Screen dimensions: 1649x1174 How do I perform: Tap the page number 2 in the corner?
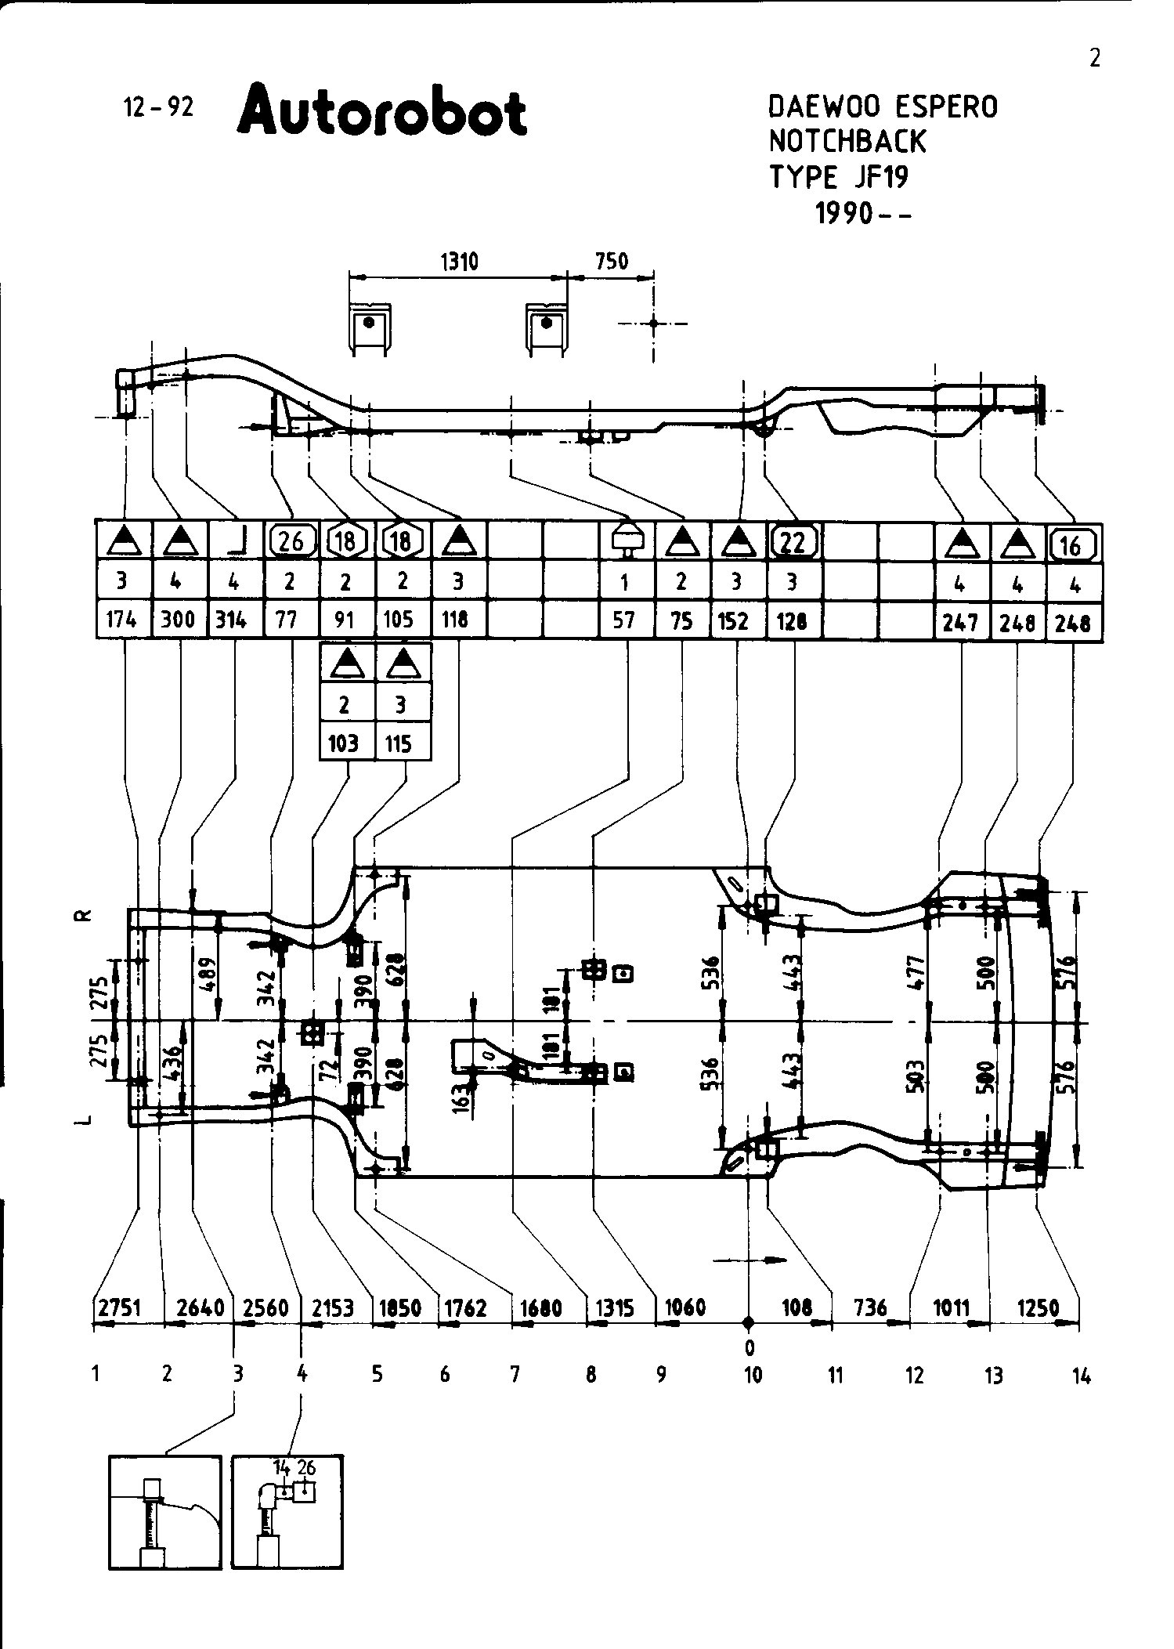point(1094,59)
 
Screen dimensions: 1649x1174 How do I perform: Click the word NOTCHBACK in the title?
point(847,142)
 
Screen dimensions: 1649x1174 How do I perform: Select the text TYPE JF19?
point(839,177)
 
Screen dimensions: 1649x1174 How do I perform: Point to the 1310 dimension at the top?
point(459,261)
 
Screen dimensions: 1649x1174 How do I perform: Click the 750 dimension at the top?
point(612,261)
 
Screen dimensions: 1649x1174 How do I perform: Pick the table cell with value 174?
point(122,620)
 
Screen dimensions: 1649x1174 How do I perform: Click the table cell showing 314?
point(232,620)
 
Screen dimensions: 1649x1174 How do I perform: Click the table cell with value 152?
point(737,620)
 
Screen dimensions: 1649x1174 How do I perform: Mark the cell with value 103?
point(344,743)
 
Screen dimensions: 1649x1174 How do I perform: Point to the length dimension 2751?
point(119,1307)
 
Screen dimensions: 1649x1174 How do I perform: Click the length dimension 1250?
point(1039,1307)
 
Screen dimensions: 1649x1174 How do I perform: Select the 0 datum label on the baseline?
point(750,1347)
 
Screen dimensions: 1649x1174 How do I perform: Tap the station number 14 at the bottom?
point(1081,1376)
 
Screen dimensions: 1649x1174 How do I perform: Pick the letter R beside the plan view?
point(85,915)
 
